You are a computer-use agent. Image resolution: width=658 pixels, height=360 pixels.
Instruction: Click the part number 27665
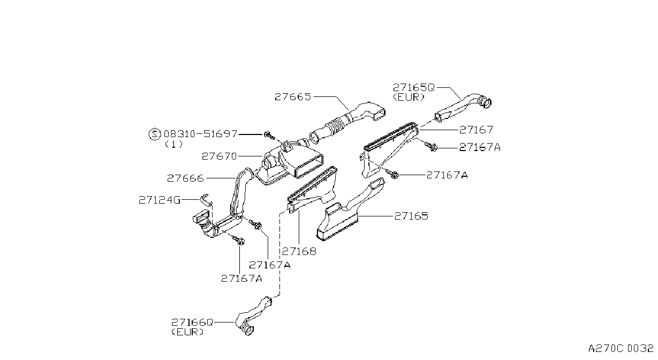(x=292, y=96)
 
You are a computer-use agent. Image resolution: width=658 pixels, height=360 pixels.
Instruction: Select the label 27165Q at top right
(x=413, y=87)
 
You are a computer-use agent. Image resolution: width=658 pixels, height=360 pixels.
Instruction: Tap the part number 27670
(x=219, y=156)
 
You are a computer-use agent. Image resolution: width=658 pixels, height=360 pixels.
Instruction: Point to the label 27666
(x=185, y=178)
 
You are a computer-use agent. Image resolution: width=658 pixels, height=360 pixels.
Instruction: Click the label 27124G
(x=160, y=200)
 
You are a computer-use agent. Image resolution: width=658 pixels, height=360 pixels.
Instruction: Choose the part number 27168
(x=299, y=251)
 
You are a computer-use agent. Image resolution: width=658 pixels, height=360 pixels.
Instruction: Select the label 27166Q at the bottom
(x=192, y=322)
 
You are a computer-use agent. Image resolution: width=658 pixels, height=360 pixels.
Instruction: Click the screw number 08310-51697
(x=200, y=134)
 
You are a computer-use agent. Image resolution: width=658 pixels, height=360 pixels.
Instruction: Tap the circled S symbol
(x=155, y=134)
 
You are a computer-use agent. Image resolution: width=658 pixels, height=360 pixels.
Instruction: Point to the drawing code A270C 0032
(x=621, y=349)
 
